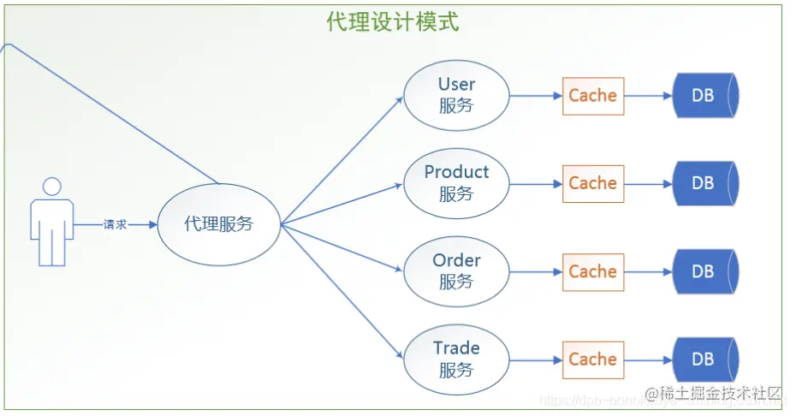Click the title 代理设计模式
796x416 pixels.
(393, 21)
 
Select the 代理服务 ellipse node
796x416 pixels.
(219, 224)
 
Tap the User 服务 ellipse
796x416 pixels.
(456, 95)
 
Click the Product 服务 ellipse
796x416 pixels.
(456, 183)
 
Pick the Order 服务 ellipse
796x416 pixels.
(456, 271)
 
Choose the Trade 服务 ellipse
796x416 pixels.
(456, 360)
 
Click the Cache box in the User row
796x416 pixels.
(593, 96)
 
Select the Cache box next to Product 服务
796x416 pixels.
(593, 184)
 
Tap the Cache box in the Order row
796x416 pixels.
(593, 272)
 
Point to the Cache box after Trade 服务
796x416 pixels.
(593, 360)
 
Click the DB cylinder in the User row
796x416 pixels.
(704, 96)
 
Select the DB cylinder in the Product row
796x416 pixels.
(704, 184)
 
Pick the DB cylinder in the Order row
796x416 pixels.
(704, 272)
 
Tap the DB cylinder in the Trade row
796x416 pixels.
(704, 360)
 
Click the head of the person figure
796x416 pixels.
(52, 187)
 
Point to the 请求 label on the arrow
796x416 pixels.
(115, 224)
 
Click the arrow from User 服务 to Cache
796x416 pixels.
(536, 96)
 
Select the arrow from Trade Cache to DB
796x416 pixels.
(649, 360)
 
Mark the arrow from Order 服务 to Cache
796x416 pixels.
(536, 272)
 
